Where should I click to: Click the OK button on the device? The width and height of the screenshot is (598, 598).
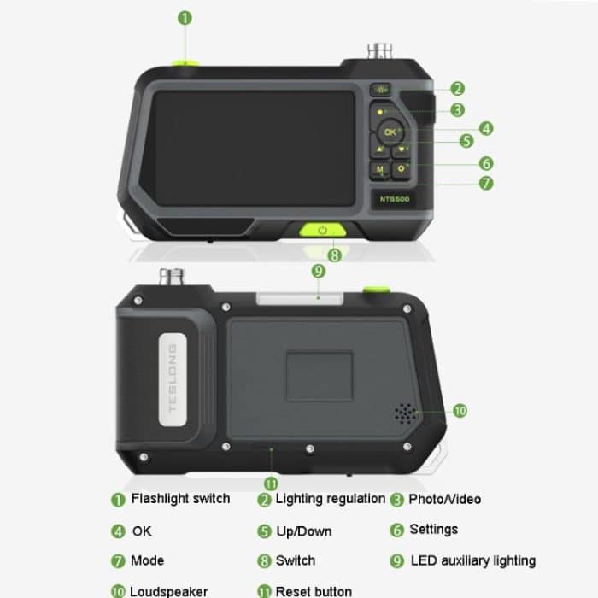[390, 132]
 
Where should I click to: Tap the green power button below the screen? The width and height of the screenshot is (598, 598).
[322, 230]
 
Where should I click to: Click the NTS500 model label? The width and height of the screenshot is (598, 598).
[396, 199]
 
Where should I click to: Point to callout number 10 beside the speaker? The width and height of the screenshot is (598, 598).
[460, 411]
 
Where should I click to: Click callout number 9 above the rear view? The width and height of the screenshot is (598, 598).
[319, 271]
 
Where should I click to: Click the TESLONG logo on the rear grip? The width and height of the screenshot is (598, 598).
[172, 378]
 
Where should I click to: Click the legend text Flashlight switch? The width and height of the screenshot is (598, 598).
[180, 499]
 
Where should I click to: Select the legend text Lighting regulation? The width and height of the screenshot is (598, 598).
[330, 499]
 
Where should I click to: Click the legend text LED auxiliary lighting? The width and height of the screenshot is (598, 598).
[472, 561]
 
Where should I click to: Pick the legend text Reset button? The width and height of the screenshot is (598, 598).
[314, 591]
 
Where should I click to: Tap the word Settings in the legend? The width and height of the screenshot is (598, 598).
[433, 530]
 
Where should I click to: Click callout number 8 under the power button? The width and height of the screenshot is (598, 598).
[335, 254]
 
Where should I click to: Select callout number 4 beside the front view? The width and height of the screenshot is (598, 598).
[486, 128]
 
